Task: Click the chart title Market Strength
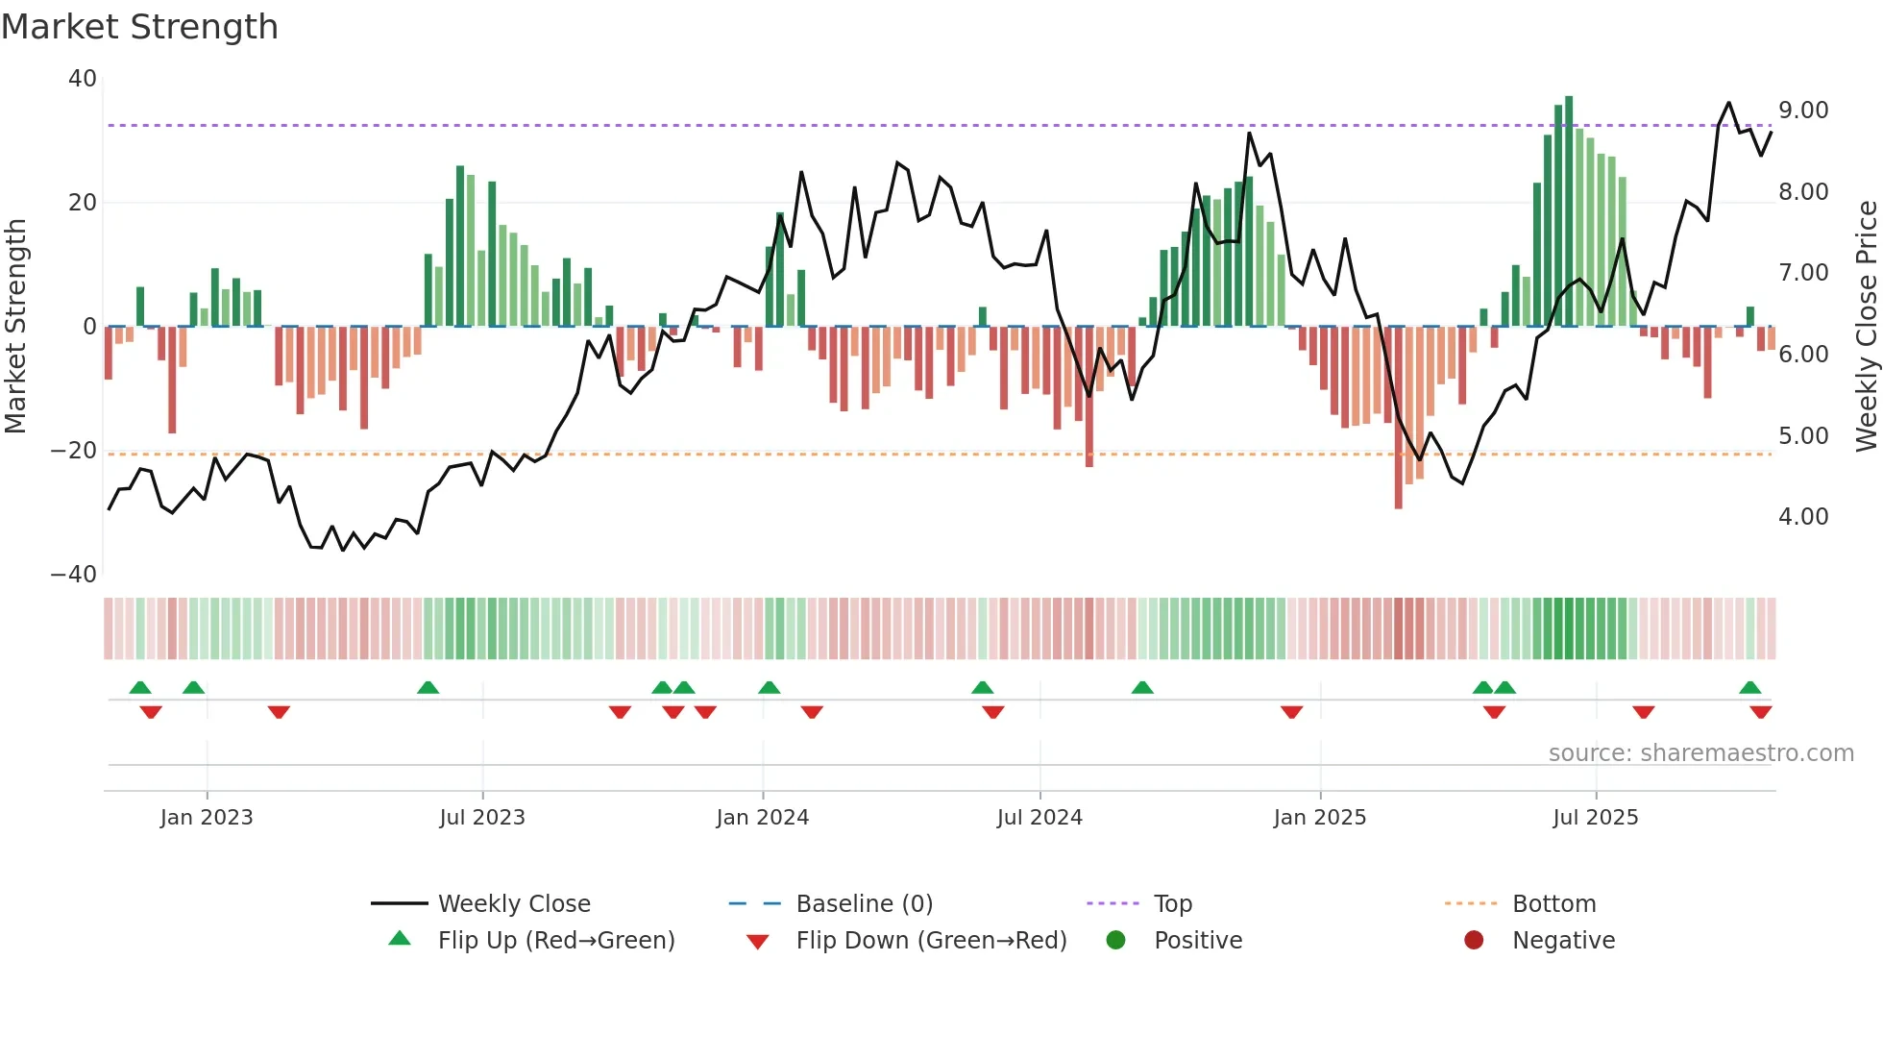139,27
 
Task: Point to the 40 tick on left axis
83,79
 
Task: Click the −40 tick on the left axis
74,575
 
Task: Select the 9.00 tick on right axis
1803,111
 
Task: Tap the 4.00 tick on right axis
1803,517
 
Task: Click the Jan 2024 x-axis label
763,818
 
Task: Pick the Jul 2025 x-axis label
1596,818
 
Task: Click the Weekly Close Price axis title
1866,327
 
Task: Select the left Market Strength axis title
16,327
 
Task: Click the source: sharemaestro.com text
1700,753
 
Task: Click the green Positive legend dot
1115,941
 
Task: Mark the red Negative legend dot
1474,941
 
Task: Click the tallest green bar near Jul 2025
1569,211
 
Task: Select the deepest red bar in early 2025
1398,418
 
